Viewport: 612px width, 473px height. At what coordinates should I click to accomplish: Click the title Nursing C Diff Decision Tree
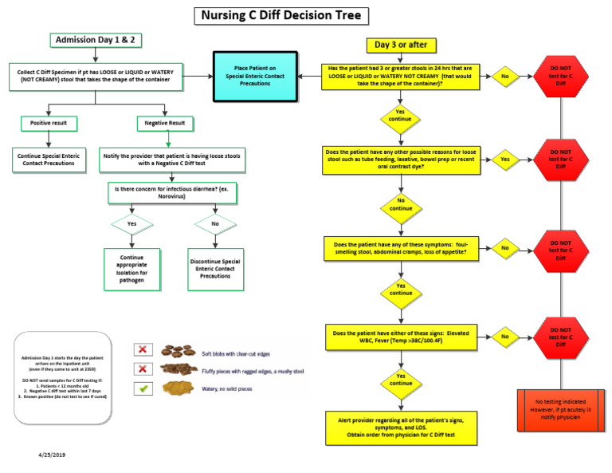click(x=281, y=15)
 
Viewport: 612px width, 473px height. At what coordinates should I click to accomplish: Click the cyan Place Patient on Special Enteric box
click(x=255, y=76)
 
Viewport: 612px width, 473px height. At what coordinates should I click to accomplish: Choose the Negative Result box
click(x=166, y=124)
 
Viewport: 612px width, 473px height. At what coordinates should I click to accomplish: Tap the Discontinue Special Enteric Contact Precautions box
click(x=215, y=266)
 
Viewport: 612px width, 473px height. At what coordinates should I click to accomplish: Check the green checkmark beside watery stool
click(x=144, y=388)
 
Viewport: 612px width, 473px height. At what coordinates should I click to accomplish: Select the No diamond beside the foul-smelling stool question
click(x=505, y=247)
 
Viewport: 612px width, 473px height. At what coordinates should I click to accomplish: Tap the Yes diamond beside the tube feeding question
click(x=505, y=160)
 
